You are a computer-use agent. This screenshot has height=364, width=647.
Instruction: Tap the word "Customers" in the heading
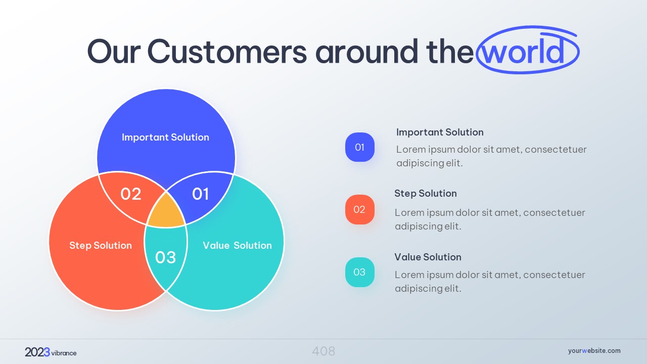tap(227, 52)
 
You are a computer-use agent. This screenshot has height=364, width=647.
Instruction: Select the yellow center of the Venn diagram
tap(166, 211)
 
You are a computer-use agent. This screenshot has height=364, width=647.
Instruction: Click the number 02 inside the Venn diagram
tap(131, 194)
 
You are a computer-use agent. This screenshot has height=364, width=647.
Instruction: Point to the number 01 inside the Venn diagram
tap(201, 194)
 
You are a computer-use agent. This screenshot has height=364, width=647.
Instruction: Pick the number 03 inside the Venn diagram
tap(165, 257)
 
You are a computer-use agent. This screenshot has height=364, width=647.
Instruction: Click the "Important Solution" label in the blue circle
tap(165, 137)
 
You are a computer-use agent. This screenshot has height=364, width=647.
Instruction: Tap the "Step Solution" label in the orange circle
tap(101, 246)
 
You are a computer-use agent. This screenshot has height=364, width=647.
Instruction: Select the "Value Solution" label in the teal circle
tap(237, 246)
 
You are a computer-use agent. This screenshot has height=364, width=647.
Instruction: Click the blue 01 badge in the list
tap(360, 147)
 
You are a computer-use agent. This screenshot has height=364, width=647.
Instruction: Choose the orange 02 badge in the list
tap(360, 209)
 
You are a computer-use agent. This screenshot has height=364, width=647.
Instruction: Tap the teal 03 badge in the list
tap(360, 272)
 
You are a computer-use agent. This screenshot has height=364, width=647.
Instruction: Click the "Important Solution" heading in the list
tap(440, 132)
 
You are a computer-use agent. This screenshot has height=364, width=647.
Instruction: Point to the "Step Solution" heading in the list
tap(426, 194)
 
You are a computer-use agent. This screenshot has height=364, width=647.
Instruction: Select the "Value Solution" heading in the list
tap(428, 257)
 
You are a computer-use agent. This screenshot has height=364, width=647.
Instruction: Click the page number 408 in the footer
tap(323, 351)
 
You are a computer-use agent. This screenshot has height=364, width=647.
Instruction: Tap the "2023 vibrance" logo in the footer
tap(51, 352)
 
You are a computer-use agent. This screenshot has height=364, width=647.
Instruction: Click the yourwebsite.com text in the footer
tap(594, 351)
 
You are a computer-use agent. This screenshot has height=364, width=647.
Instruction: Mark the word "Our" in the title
tap(114, 52)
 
